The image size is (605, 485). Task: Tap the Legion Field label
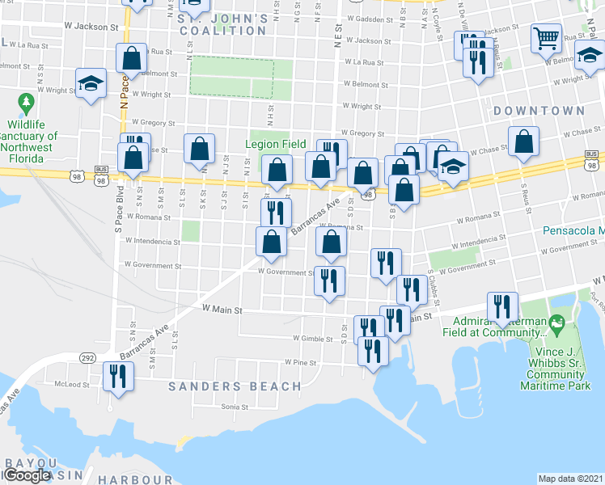(x=276, y=145)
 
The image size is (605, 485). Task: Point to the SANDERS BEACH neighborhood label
(x=223, y=386)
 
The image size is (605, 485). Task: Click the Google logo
(x=27, y=475)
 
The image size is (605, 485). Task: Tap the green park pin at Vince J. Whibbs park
(x=556, y=324)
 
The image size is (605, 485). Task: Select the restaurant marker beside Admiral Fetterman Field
(x=502, y=307)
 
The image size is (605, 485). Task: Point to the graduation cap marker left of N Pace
(x=90, y=83)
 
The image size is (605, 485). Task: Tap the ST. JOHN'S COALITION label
(x=222, y=23)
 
